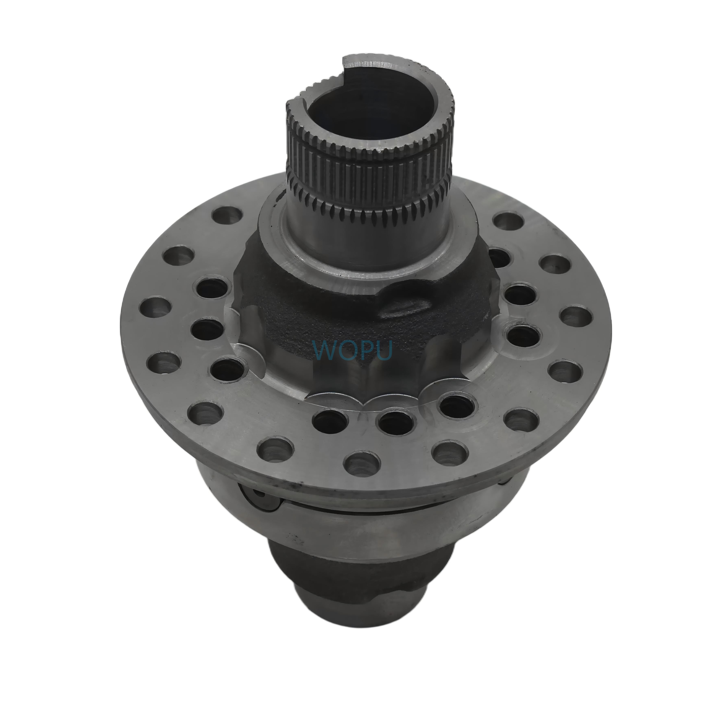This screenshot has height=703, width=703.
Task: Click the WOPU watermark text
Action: (352, 351)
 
